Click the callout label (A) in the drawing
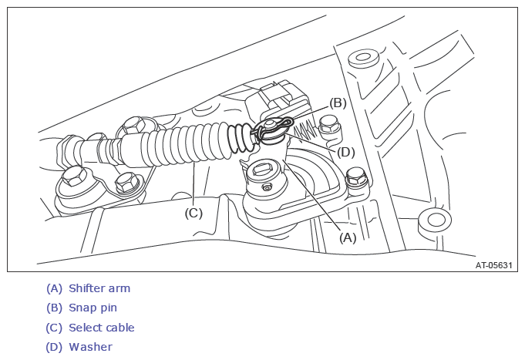348,237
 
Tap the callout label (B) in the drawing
338,103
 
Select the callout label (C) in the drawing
193,213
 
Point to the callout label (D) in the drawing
346,152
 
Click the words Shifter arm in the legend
99,288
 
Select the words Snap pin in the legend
93,308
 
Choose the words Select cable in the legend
101,328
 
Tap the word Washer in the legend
90,347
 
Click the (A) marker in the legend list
54,288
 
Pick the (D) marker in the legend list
54,347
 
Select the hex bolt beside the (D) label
329,123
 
